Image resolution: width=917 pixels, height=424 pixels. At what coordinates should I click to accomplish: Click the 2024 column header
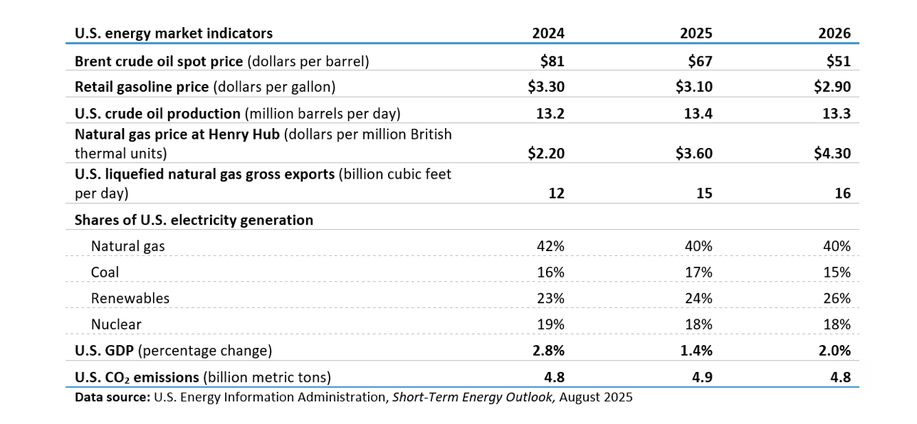pos(548,33)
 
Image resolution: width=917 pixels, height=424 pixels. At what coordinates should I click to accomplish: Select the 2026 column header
pos(834,33)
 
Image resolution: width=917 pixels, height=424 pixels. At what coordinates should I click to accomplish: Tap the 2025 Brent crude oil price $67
pos(700,61)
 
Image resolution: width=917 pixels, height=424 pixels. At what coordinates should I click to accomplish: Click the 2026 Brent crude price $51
pos(839,61)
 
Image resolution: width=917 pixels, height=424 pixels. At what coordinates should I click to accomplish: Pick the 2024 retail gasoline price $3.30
pos(546,87)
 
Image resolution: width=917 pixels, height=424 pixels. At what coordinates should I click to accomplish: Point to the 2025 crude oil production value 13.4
pos(698,113)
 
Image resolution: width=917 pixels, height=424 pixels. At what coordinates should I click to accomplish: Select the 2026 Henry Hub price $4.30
pos(832,154)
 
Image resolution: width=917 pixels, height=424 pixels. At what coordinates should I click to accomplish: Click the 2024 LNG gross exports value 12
pos(556,193)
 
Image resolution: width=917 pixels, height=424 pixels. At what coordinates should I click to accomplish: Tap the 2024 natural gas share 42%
pos(550,246)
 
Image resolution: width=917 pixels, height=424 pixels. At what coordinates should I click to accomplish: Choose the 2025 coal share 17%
pos(699,272)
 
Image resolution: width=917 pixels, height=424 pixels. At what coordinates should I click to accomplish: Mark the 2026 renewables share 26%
pos(837,299)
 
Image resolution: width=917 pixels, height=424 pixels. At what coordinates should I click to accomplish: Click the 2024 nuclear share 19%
pos(550,324)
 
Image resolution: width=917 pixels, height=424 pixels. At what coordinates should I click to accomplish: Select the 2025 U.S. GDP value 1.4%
pos(696,351)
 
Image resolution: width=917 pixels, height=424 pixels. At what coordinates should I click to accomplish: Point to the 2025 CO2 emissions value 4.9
pos(702,377)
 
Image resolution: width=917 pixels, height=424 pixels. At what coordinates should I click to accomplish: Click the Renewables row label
pos(130,299)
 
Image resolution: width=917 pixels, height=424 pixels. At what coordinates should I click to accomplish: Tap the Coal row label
pos(105,272)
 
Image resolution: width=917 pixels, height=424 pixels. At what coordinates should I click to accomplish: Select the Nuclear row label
pos(116,324)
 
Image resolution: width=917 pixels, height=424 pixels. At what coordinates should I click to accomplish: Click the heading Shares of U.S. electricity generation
pos(194,220)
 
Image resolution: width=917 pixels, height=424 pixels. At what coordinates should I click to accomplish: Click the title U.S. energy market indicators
pos(174,33)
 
